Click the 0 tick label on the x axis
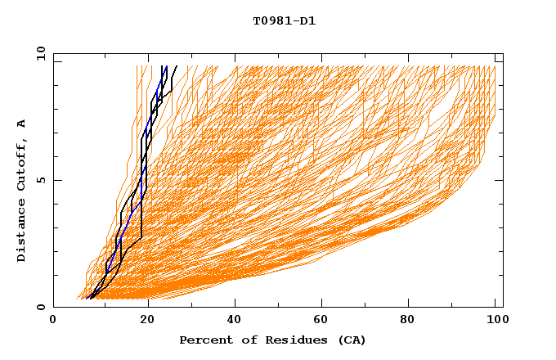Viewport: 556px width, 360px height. (54, 320)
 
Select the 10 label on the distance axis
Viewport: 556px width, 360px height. (38, 52)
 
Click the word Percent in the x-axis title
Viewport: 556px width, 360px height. (204, 340)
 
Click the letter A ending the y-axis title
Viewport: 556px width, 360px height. (21, 123)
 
